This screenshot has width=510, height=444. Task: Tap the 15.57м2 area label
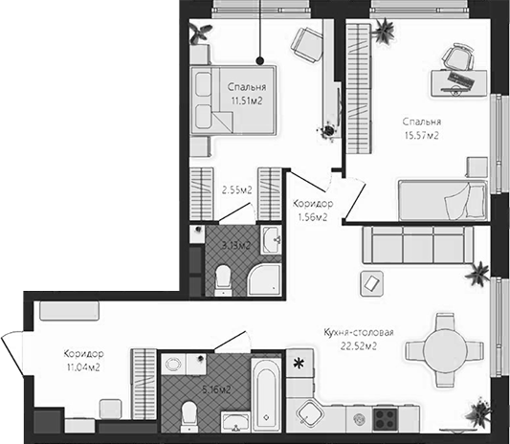point(421,136)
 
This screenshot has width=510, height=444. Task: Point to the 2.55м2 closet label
point(236,190)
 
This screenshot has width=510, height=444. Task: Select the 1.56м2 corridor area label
point(313,217)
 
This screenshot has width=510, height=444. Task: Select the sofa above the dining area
point(416,246)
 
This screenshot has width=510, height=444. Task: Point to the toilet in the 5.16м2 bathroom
point(189,413)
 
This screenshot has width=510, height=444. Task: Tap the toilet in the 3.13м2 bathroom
point(223,277)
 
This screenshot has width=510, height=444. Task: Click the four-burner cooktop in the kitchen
point(386,418)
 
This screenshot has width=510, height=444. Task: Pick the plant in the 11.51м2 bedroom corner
point(201,33)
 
